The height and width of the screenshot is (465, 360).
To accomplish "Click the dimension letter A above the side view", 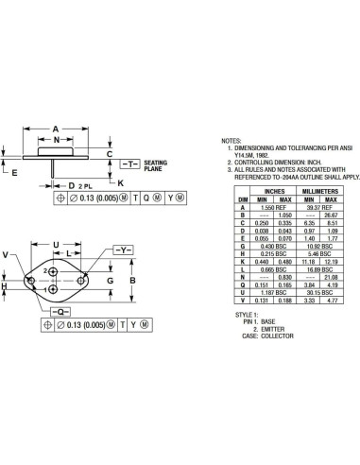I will pos(56,129).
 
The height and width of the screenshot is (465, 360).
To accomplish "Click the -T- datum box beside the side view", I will pos(129,164).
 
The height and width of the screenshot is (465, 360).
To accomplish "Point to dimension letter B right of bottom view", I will pos(133,281).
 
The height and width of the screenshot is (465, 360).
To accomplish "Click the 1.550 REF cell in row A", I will pos(276,207).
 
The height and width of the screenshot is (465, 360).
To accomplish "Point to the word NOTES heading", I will pos(232,140).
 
